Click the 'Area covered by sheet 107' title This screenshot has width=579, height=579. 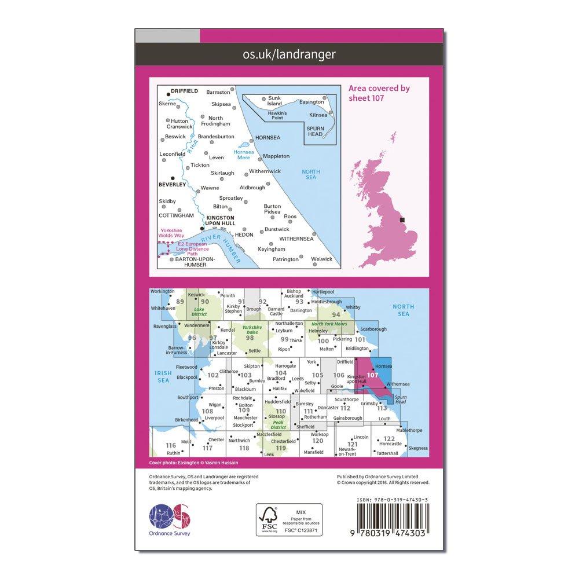[x=379, y=93]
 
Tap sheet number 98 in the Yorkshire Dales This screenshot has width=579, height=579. [x=250, y=338]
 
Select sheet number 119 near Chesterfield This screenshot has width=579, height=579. [x=281, y=448]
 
